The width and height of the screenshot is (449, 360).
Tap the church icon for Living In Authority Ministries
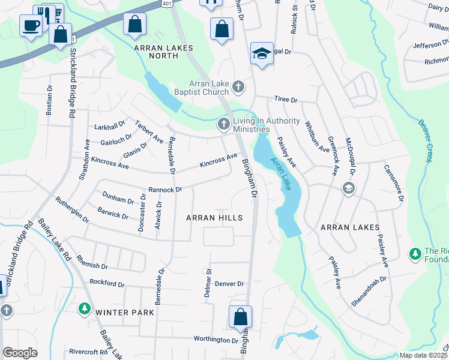click(223, 124)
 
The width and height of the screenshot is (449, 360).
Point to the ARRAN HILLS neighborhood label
click(214, 217)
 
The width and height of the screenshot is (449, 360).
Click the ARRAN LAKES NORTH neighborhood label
click(156, 51)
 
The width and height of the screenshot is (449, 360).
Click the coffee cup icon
click(31, 25)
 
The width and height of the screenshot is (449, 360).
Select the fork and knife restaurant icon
click(43, 13)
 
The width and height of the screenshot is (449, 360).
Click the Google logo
click(20, 352)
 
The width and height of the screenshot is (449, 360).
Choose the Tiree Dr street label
click(286, 99)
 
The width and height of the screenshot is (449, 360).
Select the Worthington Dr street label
click(216, 340)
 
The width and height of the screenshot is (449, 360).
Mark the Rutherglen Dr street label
click(71, 210)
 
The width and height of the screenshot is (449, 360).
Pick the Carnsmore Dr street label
click(395, 182)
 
